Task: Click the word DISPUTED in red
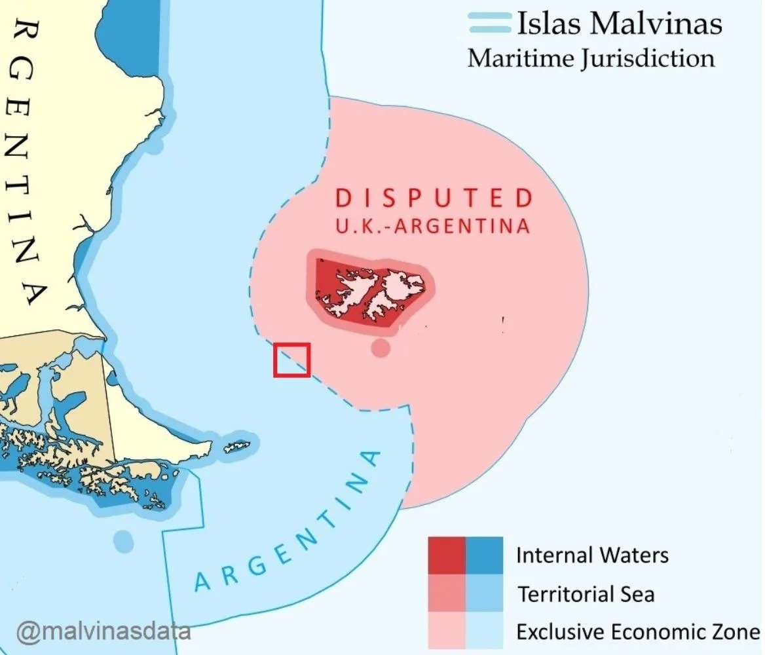tap(434, 198)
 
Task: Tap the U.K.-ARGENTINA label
tap(432, 226)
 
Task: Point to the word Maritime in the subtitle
tap(520, 58)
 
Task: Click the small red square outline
tap(291, 360)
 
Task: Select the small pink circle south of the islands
tap(381, 348)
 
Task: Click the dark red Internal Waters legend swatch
tap(447, 555)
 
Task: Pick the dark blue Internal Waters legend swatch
tap(485, 555)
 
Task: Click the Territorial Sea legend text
tap(586, 594)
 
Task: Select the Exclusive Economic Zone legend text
tap(637, 632)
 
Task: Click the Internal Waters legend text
tap(592, 555)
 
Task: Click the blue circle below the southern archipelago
tap(123, 541)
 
